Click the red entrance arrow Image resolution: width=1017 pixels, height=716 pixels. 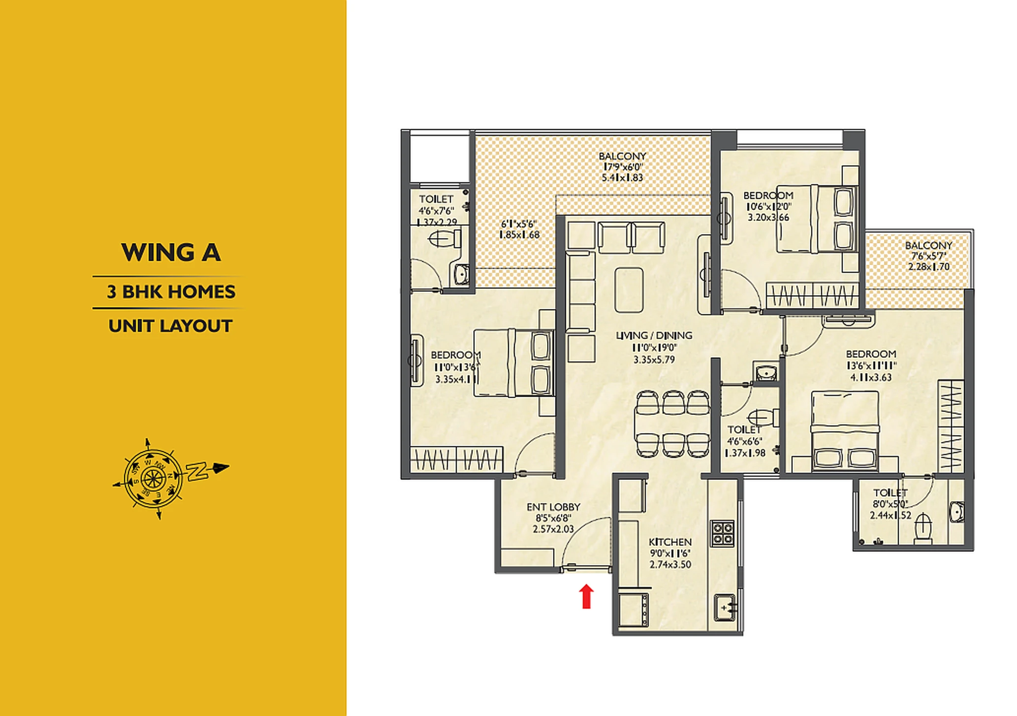point(586,596)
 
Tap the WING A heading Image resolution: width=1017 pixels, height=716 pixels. point(171,253)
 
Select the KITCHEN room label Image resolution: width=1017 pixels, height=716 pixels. point(670,542)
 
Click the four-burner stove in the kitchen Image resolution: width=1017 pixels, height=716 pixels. point(722,533)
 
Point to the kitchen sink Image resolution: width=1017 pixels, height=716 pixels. point(725,608)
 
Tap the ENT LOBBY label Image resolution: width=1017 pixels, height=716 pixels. point(553,507)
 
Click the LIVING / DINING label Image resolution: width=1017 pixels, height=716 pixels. point(654,335)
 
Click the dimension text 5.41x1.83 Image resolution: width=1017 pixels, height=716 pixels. point(622,178)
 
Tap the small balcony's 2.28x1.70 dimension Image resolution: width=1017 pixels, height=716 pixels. point(929,267)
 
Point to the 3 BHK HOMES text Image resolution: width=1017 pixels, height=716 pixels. point(171,292)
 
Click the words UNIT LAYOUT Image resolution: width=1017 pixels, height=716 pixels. point(170,326)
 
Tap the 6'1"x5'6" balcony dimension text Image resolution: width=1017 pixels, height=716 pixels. point(518,224)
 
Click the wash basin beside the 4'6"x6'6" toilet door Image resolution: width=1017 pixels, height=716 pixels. point(765,372)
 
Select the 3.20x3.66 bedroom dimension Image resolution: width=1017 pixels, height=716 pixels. point(768,217)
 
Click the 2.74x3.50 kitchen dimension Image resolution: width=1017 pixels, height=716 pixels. point(670,564)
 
